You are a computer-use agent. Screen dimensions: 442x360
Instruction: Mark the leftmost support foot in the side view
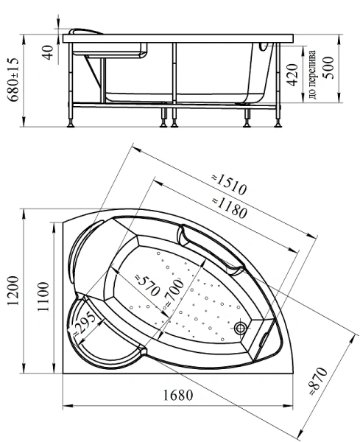point(72,123)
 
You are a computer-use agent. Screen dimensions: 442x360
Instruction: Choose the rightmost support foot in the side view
point(280,123)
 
